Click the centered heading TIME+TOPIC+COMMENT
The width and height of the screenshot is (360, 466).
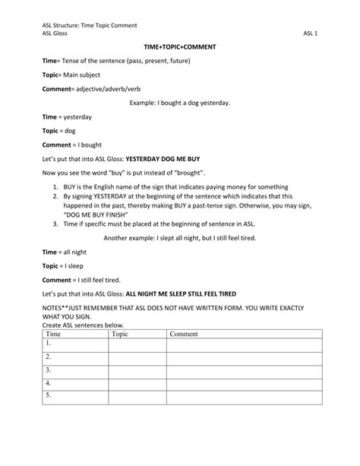180,47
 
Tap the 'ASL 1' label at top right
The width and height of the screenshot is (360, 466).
310,33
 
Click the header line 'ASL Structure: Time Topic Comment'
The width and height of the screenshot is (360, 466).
89,24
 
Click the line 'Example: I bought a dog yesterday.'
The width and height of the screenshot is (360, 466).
179,102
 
